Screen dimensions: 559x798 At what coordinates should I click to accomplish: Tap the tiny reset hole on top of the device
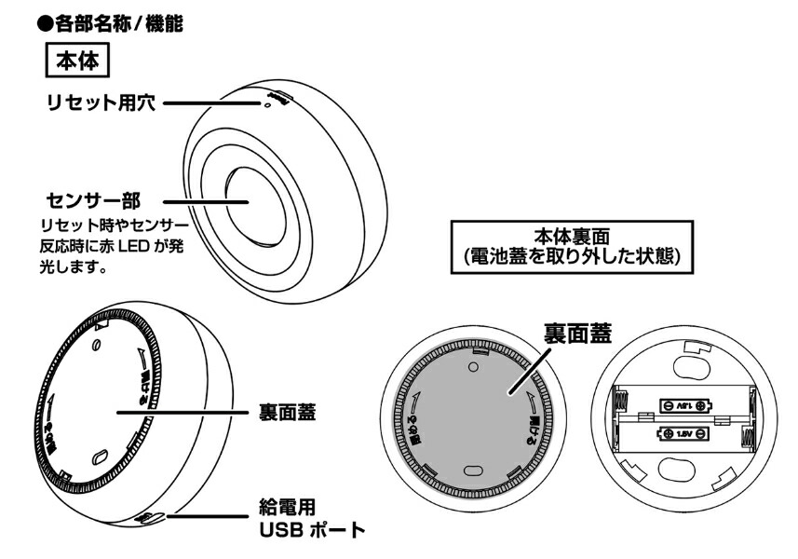click(x=269, y=106)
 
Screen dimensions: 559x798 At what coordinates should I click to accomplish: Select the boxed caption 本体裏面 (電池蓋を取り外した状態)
click(x=573, y=246)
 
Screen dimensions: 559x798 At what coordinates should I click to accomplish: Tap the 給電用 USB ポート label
click(x=309, y=521)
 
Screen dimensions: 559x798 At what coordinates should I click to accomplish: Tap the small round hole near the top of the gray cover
click(x=473, y=369)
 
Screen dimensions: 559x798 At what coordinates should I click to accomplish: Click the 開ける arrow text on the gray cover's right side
click(x=538, y=407)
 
